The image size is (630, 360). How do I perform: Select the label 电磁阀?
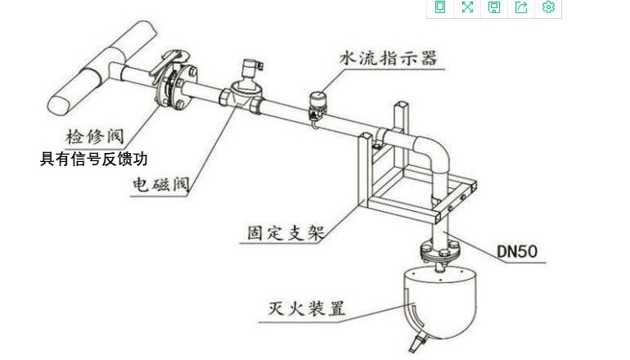pyautogui.click(x=160, y=186)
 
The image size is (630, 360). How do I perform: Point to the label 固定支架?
pyautogui.click(x=286, y=232)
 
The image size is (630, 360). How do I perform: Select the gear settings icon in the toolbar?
pyautogui.click(x=548, y=7)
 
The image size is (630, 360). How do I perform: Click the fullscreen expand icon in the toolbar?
pyautogui.click(x=467, y=7)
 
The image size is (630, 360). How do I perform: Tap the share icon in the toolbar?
pyautogui.click(x=521, y=7)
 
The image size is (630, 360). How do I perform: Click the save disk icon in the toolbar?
pyautogui.click(x=494, y=7)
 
